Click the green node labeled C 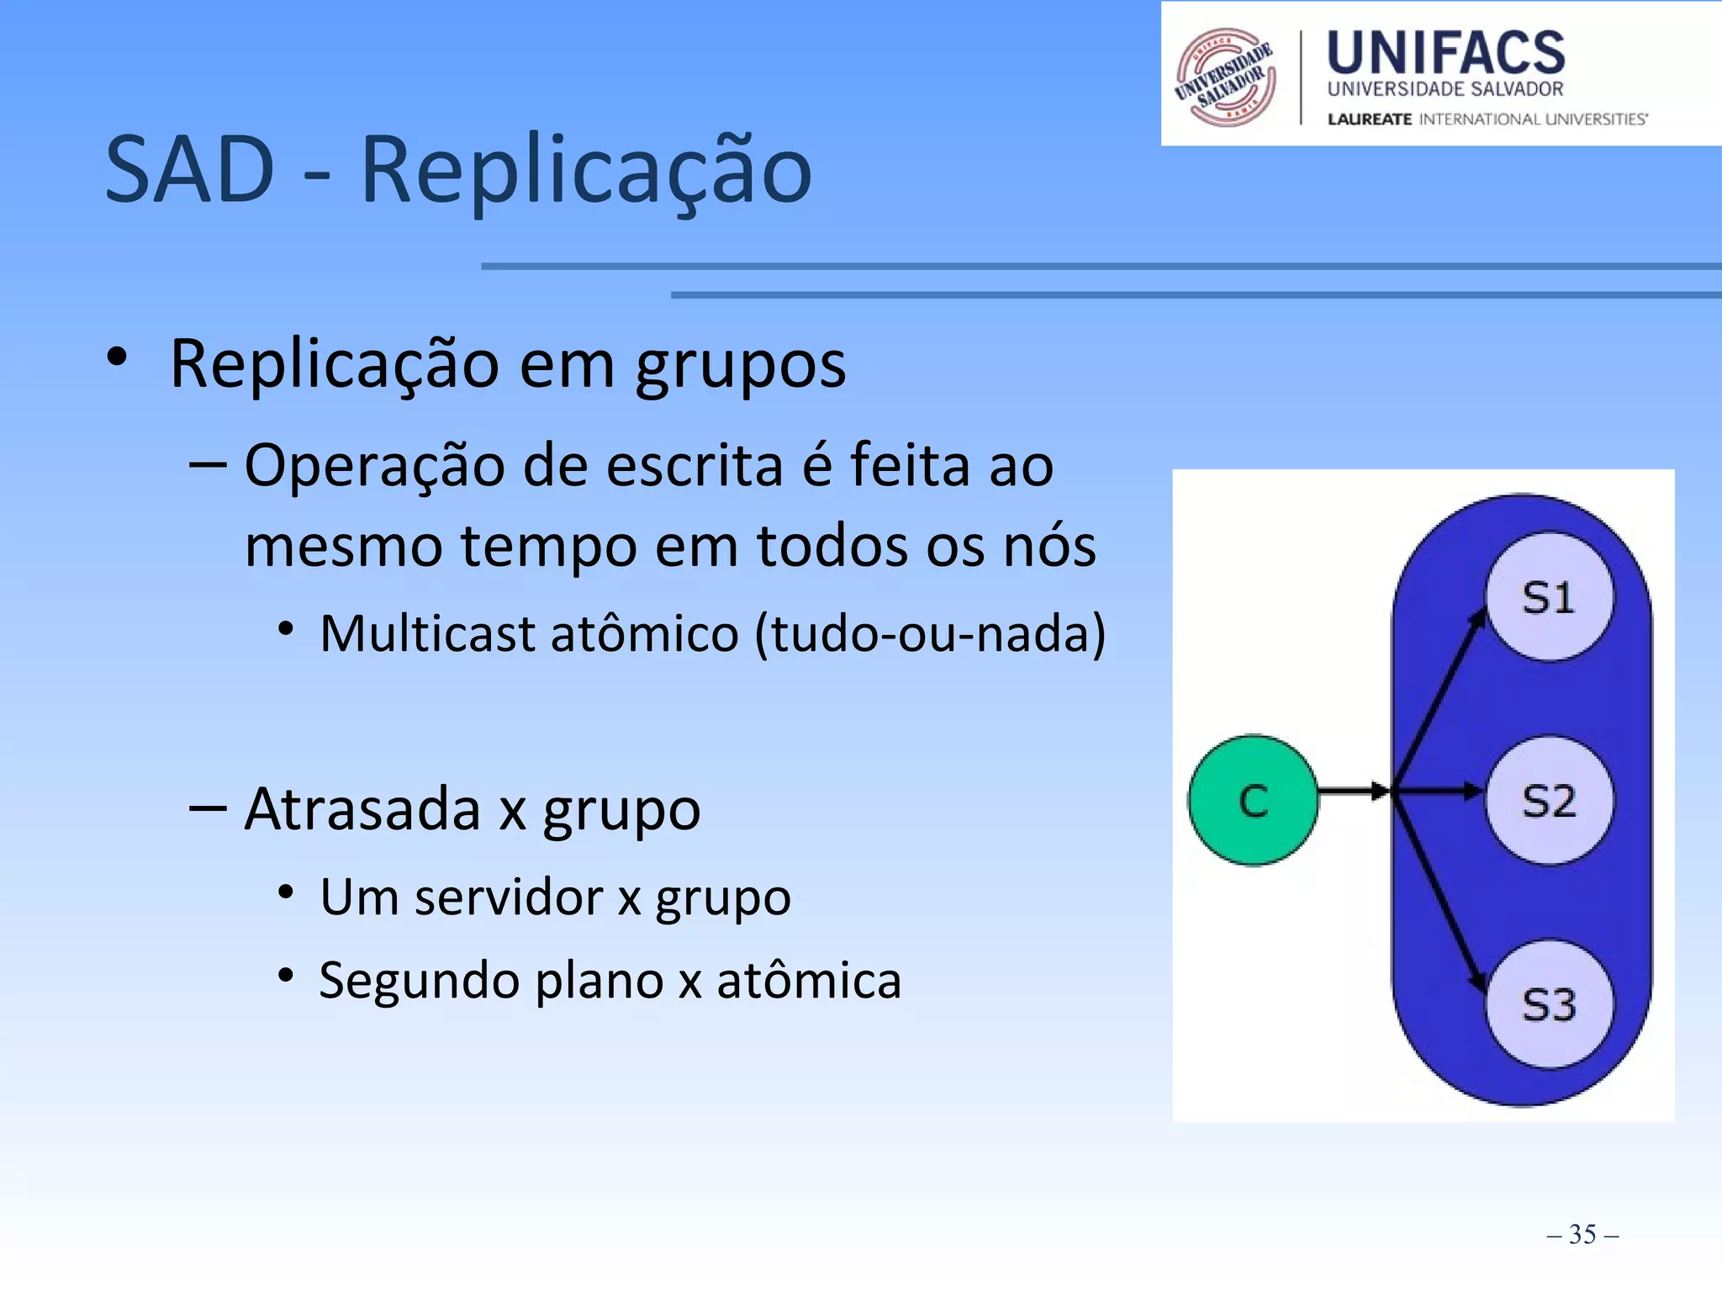coord(1253,800)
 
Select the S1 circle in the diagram coord(1549,597)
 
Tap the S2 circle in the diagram coord(1549,800)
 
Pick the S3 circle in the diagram coord(1549,1003)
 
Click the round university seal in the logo coord(1226,77)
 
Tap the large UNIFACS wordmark coord(1445,52)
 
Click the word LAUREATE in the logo coord(1369,119)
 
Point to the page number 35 coord(1582,1234)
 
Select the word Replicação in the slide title coord(586,172)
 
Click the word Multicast coord(427,633)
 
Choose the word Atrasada coord(362,808)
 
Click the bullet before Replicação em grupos coord(117,357)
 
